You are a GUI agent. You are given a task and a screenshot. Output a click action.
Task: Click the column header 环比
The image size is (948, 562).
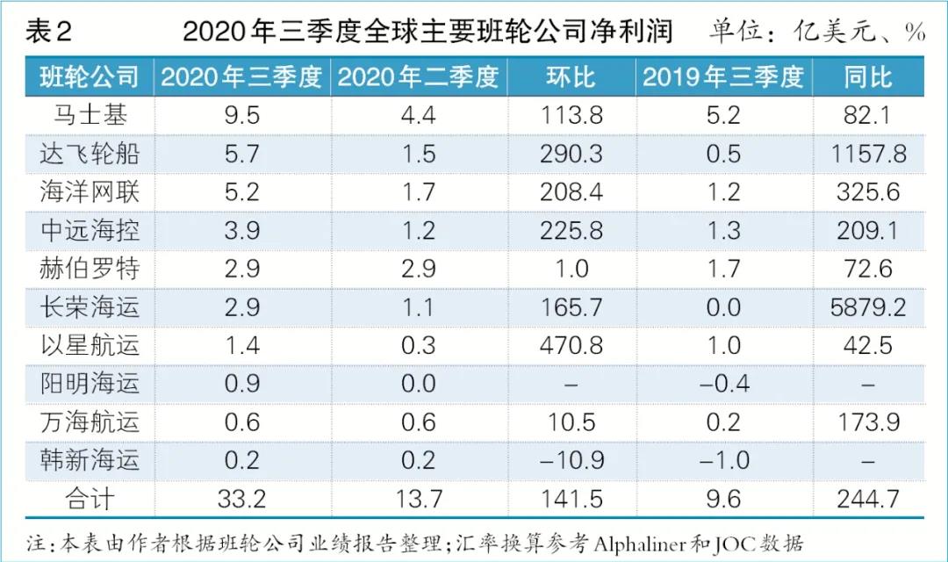(x=571, y=77)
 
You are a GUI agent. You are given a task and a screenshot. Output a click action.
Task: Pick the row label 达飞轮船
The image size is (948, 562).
(x=90, y=155)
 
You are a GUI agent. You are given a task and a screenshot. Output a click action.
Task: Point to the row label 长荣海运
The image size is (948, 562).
(x=90, y=306)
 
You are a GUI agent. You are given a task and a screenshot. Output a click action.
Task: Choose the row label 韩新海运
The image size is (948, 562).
(x=90, y=459)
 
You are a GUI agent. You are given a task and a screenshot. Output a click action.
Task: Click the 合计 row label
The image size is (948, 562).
(x=90, y=498)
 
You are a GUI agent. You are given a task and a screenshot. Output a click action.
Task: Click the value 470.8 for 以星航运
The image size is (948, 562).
(x=571, y=345)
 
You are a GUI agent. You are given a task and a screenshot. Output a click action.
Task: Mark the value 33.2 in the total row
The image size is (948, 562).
(x=241, y=498)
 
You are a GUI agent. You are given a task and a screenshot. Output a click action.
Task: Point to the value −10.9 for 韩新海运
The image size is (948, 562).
(x=571, y=459)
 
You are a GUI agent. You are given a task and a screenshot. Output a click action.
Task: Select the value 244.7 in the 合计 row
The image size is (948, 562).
(x=867, y=498)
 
